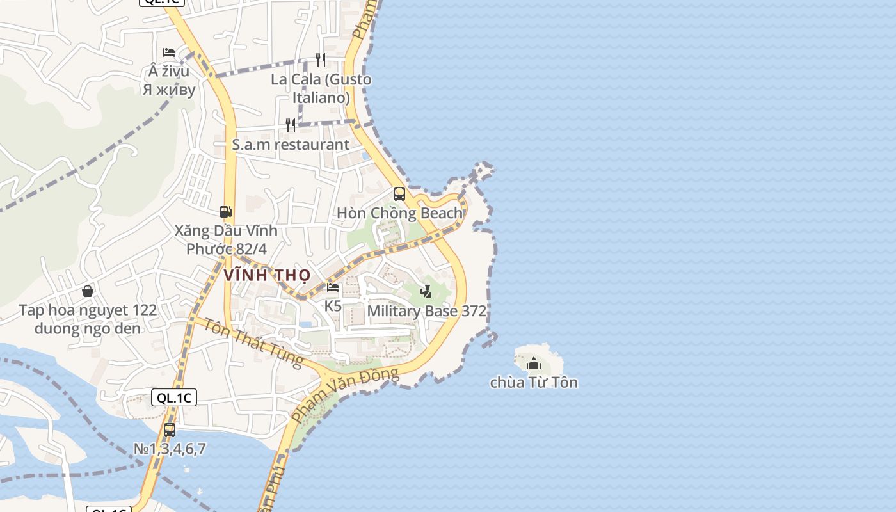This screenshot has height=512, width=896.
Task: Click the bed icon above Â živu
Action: (x=169, y=52)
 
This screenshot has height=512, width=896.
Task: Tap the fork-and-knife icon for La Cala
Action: (x=321, y=60)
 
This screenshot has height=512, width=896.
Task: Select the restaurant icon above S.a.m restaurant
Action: (x=291, y=125)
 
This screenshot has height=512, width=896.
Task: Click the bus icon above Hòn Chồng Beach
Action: (x=399, y=193)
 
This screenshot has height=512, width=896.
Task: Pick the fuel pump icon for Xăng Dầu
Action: (x=225, y=211)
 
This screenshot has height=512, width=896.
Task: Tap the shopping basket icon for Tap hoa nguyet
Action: (x=88, y=291)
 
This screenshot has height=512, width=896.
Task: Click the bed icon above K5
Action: (x=333, y=287)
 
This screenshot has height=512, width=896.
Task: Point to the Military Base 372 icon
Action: (x=426, y=292)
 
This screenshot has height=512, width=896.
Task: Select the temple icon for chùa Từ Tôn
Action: (x=534, y=364)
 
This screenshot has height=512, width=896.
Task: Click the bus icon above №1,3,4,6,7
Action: (x=170, y=429)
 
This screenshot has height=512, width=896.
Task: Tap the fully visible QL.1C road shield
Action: (x=175, y=397)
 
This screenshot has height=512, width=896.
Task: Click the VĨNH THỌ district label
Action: (x=268, y=276)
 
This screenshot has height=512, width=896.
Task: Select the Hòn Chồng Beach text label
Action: (x=399, y=213)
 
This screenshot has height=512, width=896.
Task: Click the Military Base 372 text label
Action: (x=427, y=312)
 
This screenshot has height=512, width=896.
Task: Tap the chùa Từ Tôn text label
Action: (x=534, y=383)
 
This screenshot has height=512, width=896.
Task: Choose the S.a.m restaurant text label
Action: (x=291, y=145)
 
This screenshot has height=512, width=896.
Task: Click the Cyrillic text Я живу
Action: (x=169, y=90)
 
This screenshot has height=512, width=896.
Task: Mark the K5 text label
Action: (x=333, y=306)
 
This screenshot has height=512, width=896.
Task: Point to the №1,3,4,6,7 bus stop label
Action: (x=170, y=449)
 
